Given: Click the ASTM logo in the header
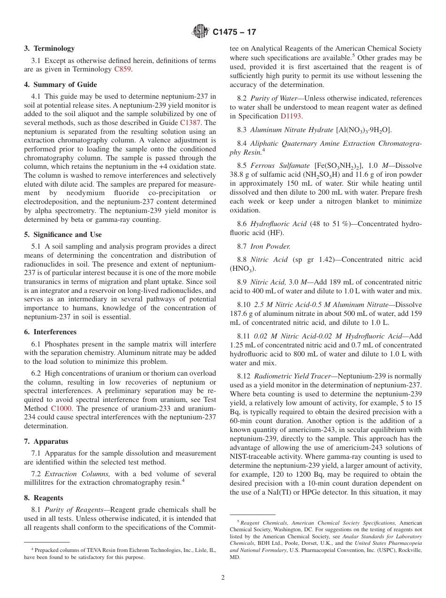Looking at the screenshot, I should pos(200,32).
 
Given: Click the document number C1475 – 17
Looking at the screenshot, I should pos(234,32).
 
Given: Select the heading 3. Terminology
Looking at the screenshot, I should pos(49,48).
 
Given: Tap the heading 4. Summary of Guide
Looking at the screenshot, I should pos(61,85).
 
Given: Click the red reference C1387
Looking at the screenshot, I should pos(190,122).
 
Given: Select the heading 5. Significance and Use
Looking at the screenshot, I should pos(63,235).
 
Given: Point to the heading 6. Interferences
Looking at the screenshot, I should pos(50,332).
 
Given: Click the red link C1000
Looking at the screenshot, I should pos(61,409).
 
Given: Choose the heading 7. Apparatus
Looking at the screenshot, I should pos(46,441).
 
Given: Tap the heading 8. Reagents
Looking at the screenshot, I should pos(44,498).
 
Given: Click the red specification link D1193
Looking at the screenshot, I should pos(291,116).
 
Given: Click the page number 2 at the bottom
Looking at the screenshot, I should pos(223,578).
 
